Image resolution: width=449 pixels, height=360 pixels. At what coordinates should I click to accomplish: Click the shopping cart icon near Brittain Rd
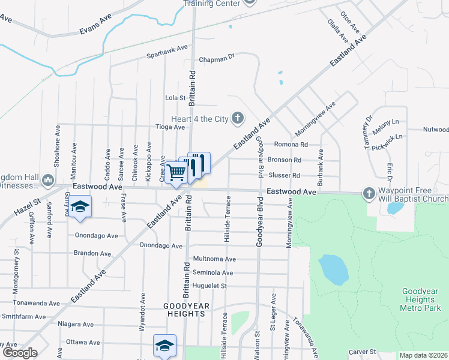pos(176,172)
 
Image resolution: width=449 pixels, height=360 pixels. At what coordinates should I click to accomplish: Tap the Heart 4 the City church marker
pos(238,118)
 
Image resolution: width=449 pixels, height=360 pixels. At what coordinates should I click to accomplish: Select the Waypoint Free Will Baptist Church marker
pos(369,193)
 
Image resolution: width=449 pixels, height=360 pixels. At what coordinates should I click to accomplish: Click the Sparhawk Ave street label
pos(167,52)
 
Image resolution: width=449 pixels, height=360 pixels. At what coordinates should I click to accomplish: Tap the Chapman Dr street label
pos(216,59)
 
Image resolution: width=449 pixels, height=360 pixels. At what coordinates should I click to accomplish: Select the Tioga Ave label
pos(170,127)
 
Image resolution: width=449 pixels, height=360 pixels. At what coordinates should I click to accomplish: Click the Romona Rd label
pos(291,145)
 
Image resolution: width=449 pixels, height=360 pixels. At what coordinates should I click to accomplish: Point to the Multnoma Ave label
pos(214,259)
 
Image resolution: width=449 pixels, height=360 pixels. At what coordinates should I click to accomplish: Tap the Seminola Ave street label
pos(212,272)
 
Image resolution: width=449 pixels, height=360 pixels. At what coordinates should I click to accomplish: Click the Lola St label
pos(175,97)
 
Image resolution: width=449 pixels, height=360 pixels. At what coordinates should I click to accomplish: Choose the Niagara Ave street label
pos(76,324)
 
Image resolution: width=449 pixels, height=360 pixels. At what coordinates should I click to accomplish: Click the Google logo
pos(20,353)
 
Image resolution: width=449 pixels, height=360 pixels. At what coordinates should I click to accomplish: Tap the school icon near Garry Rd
pos(79,207)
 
